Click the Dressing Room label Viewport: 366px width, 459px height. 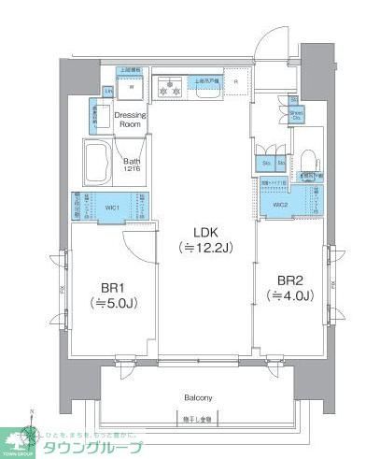click(128, 119)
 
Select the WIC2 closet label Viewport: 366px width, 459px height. click(280, 205)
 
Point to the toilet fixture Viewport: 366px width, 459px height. click(305, 154)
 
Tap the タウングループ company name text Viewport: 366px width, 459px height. click(93, 447)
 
